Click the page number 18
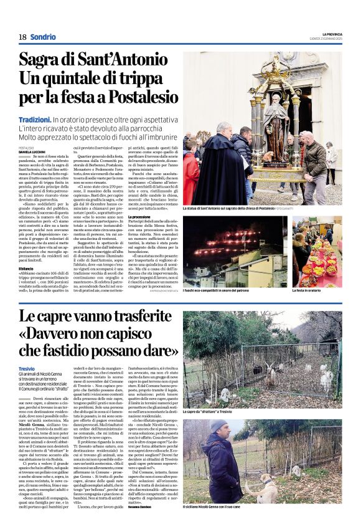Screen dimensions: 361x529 [x=22, y=37]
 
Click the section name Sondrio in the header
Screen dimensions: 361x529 [x=43, y=37]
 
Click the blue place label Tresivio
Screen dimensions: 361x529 [x=27, y=369]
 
